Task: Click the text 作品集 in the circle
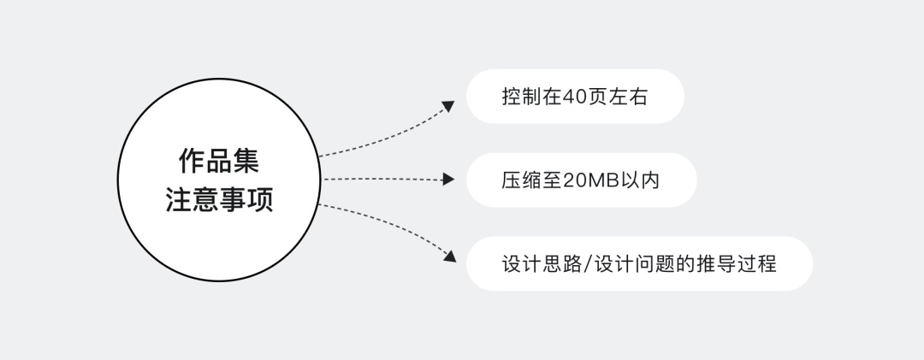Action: point(219,160)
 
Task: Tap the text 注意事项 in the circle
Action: point(219,199)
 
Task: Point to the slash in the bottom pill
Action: point(586,264)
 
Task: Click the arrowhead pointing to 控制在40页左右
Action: point(448,106)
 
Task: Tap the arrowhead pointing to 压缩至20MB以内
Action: point(448,179)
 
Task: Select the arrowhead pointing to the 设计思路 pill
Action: point(450,256)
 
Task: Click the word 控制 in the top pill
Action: point(522,97)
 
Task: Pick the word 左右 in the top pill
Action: point(628,97)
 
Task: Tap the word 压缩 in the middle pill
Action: point(522,180)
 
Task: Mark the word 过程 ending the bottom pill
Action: point(756,264)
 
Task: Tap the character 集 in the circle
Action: point(246,160)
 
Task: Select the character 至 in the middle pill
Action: point(552,180)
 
